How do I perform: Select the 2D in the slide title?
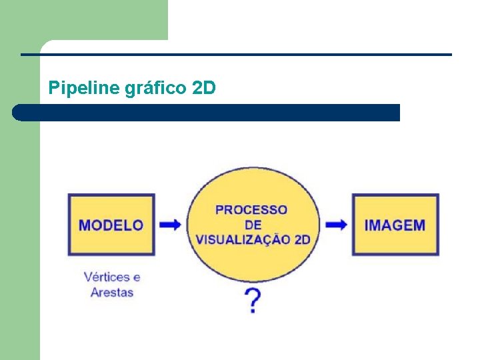click(203, 87)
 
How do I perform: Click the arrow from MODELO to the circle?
click(171, 225)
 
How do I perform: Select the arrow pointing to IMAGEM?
click(336, 225)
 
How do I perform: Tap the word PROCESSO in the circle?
click(251, 210)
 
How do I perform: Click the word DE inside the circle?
click(253, 225)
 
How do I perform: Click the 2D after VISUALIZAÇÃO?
click(302, 239)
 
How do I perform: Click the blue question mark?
click(253, 301)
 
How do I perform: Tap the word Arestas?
click(112, 292)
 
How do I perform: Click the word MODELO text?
click(111, 225)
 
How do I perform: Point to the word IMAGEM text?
click(395, 225)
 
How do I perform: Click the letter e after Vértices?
click(137, 277)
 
